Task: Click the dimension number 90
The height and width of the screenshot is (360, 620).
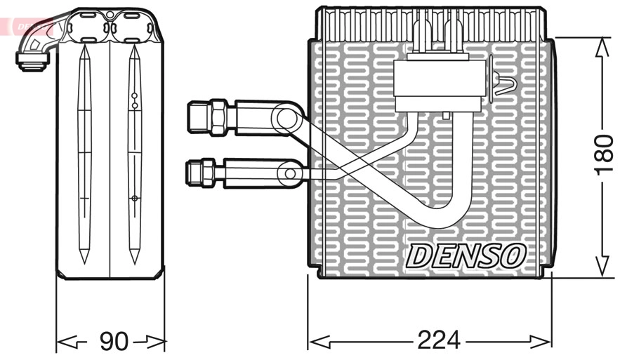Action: tap(113, 342)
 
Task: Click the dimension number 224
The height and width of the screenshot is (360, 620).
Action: tap(439, 340)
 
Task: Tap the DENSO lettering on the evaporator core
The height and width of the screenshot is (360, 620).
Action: tap(465, 255)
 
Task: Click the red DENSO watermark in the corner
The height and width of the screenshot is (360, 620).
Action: tap(28, 26)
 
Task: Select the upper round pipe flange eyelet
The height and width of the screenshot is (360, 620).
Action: tap(285, 117)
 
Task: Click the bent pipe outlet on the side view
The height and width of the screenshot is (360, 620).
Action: tap(32, 59)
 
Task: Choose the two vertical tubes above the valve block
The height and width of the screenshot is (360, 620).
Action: tap(436, 36)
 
